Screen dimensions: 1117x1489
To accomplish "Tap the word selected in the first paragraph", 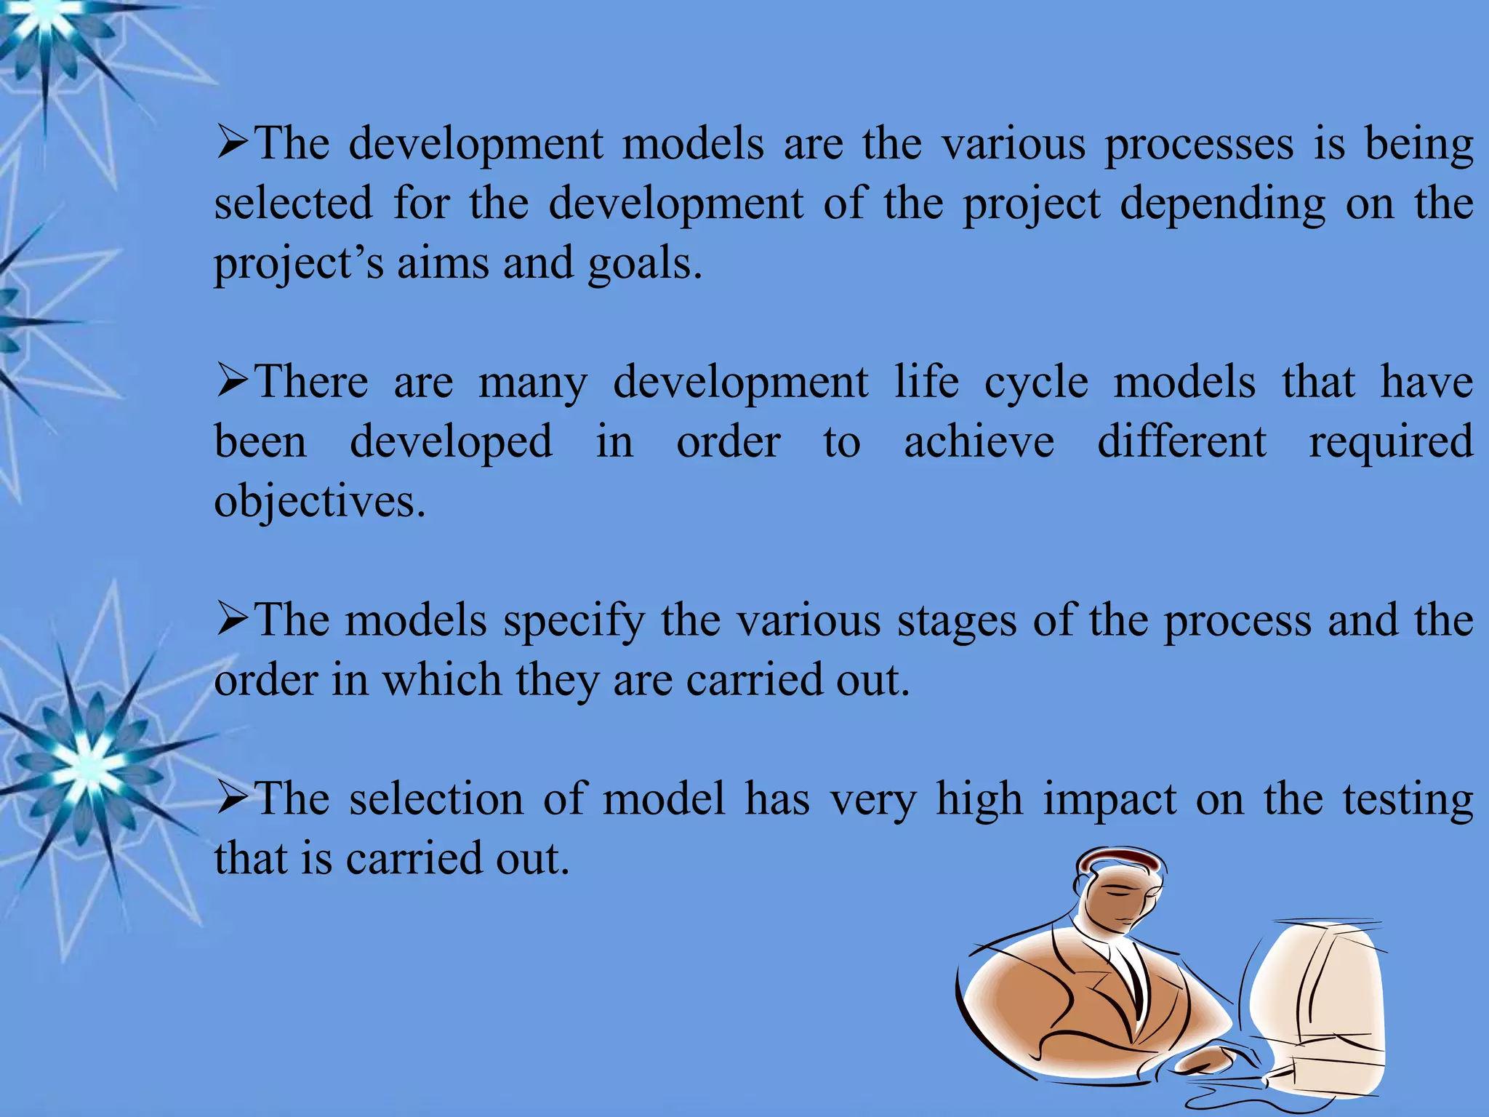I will (x=293, y=204).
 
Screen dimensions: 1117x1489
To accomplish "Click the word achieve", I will (x=979, y=442).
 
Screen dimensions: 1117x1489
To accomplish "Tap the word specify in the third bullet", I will (x=574, y=622).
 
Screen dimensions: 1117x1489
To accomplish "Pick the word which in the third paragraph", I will (x=441, y=681).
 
